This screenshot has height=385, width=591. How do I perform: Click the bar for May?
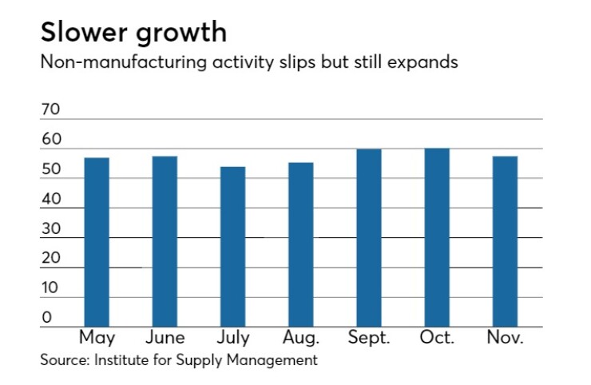click(x=97, y=242)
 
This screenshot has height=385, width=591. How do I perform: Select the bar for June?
click(x=165, y=241)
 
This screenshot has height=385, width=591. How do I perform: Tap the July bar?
click(x=232, y=247)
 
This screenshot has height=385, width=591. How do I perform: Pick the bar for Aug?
click(x=300, y=244)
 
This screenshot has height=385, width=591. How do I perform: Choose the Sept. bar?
click(x=368, y=238)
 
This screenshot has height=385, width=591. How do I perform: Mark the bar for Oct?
click(x=437, y=237)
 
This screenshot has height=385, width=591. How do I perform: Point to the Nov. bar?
click(x=505, y=241)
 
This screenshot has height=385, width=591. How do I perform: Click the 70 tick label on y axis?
click(x=50, y=110)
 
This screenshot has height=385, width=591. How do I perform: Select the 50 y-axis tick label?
click(x=50, y=169)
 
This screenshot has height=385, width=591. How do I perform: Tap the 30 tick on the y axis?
click(x=50, y=229)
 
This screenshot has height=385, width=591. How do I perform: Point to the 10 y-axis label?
click(x=50, y=288)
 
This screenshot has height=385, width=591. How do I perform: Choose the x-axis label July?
click(x=232, y=337)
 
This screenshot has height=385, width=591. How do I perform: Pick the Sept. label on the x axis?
click(x=368, y=337)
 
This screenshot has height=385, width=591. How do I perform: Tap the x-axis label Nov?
click(x=505, y=337)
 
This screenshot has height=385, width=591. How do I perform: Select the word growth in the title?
click(x=181, y=34)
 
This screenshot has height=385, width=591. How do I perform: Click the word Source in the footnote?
click(x=64, y=359)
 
